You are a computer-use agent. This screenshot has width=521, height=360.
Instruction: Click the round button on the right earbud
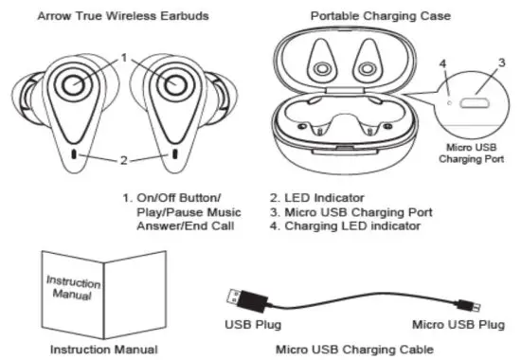pyautogui.click(x=173, y=86)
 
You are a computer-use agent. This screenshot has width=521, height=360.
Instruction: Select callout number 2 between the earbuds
pyautogui.click(x=124, y=160)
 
